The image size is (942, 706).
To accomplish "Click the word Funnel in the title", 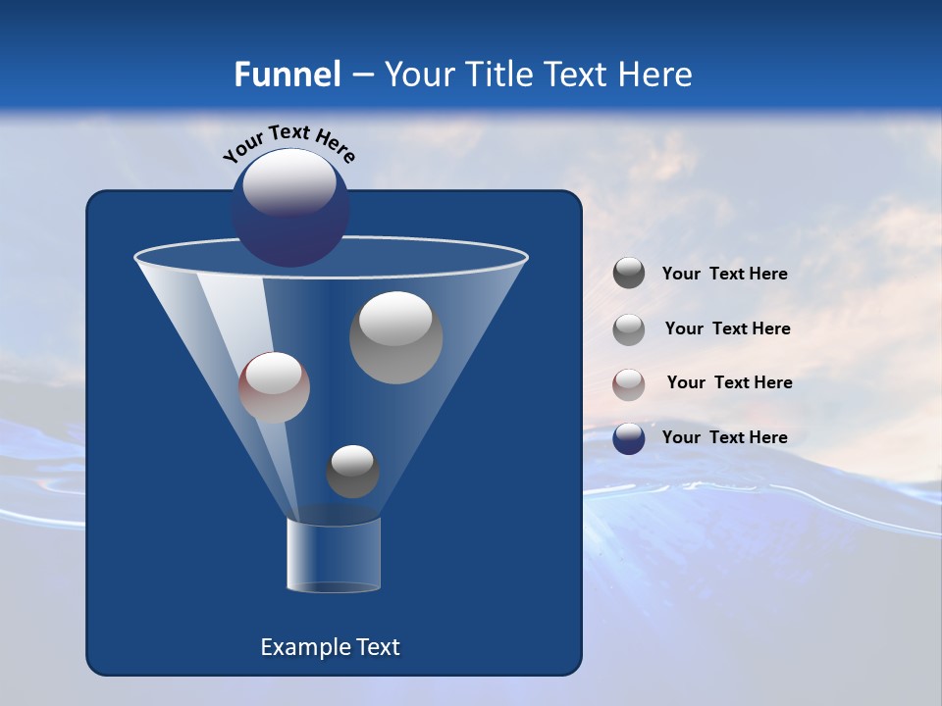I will tap(287, 75).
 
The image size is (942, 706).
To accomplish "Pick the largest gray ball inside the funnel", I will tap(395, 337).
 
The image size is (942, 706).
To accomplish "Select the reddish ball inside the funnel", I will tap(274, 387).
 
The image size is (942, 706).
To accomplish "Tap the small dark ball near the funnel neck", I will tap(352, 471).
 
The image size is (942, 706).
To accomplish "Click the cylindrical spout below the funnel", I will tap(334, 554).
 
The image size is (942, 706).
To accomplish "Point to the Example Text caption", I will tap(331, 647).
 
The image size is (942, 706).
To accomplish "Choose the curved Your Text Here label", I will tap(289, 144).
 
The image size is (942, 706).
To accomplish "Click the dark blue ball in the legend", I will tap(629, 438).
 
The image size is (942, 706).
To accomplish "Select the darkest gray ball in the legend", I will tap(629, 274).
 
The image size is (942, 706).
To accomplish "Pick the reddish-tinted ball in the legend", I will tap(629, 383).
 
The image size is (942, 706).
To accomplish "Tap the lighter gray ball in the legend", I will tap(629, 328).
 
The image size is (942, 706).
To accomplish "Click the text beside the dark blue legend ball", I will tap(724, 437).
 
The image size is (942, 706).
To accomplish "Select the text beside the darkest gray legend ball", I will tap(724, 274).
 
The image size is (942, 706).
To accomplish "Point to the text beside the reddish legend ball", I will tap(729, 382).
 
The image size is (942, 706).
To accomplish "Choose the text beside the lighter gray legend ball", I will tap(727, 328).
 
